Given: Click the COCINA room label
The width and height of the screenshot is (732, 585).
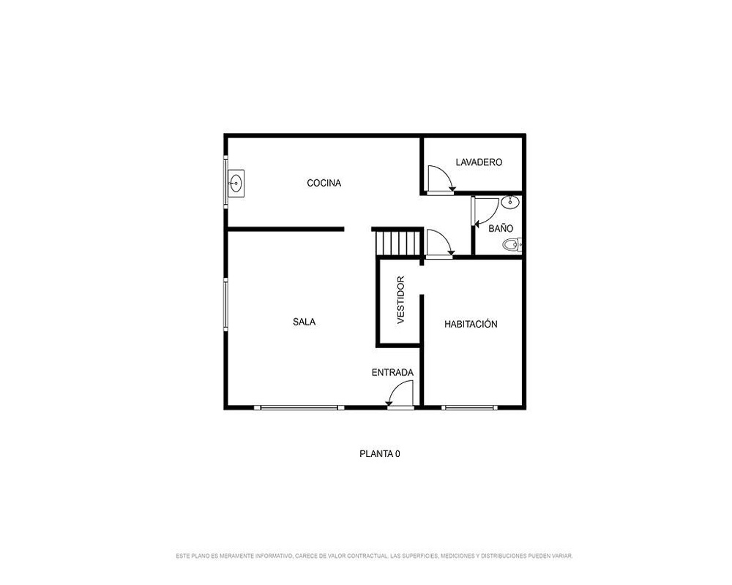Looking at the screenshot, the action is (x=324, y=183).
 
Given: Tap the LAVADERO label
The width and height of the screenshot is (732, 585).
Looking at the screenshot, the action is (x=479, y=162).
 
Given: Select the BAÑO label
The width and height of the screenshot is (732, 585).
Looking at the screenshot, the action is (x=501, y=228).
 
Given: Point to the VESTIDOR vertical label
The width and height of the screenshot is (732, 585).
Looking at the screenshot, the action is (x=400, y=300).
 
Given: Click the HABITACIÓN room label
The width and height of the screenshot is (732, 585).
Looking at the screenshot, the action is (x=471, y=324).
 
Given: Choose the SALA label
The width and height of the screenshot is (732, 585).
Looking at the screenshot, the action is (x=304, y=322).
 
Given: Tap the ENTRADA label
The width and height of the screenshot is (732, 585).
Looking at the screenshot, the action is (x=392, y=373).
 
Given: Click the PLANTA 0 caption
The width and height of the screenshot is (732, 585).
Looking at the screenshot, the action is (x=379, y=453).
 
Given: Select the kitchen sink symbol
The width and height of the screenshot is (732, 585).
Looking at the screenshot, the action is (x=236, y=184).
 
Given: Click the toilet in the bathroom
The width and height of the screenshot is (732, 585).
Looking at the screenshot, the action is (x=512, y=244).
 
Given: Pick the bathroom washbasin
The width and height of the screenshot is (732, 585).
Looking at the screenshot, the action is (x=510, y=202).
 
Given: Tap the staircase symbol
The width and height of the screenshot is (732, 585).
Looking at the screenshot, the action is (x=398, y=243).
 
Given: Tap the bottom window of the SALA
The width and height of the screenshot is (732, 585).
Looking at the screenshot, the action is (x=299, y=408).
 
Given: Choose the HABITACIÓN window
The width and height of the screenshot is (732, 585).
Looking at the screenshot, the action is (x=469, y=408).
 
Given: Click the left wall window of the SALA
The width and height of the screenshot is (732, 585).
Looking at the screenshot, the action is (x=226, y=305).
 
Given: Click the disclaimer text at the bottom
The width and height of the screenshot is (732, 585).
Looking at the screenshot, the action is (x=374, y=556).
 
